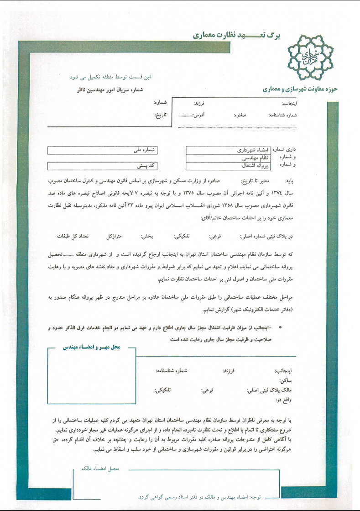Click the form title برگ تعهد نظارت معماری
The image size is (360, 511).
[x=231, y=35]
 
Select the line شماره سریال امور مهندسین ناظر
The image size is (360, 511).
[x=110, y=90]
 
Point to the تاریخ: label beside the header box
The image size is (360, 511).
[x=159, y=115]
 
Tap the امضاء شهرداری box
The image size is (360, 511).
[x=230, y=150]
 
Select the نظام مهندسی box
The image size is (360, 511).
[x=230, y=158]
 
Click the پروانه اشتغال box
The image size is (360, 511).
[x=230, y=165]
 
